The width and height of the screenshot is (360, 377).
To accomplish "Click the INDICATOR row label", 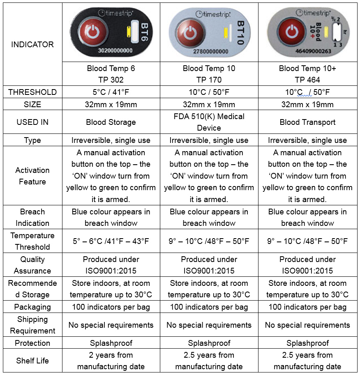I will (32, 44).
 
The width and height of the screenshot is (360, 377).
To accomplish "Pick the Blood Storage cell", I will (111, 122).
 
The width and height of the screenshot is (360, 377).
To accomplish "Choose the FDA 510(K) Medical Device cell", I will (209, 122).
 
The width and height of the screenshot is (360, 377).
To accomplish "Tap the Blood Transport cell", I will (307, 122).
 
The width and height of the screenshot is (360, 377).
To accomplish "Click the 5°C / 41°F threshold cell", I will (111, 92).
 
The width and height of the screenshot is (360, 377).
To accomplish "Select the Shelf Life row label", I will (32, 361).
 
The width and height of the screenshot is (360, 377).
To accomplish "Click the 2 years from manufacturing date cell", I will (111, 361).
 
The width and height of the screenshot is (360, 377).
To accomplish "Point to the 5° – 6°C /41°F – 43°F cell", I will (111, 241).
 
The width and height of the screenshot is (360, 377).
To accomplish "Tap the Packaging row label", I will (32, 307).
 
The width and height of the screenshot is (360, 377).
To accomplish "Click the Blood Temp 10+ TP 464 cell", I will (307, 74).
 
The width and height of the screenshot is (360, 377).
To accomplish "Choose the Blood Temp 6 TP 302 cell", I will (111, 74).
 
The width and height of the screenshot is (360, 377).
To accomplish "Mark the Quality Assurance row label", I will (32, 265).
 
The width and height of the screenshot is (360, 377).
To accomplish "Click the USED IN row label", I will (32, 122).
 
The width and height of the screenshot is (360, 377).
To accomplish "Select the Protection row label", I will (32, 343).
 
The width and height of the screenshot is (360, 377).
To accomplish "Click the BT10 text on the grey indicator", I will (241, 31).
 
